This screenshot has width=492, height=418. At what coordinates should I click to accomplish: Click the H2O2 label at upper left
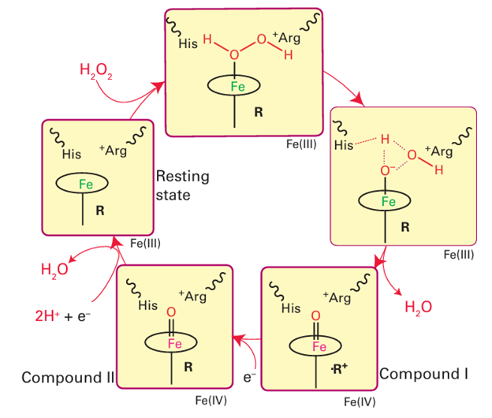97,71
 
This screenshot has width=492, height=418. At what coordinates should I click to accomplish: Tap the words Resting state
184,185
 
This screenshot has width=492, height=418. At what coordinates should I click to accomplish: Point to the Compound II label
68,377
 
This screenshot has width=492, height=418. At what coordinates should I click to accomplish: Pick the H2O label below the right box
418,308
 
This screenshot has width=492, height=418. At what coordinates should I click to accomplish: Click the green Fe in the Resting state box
87,184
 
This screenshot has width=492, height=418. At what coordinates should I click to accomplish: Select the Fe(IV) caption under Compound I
360,402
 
